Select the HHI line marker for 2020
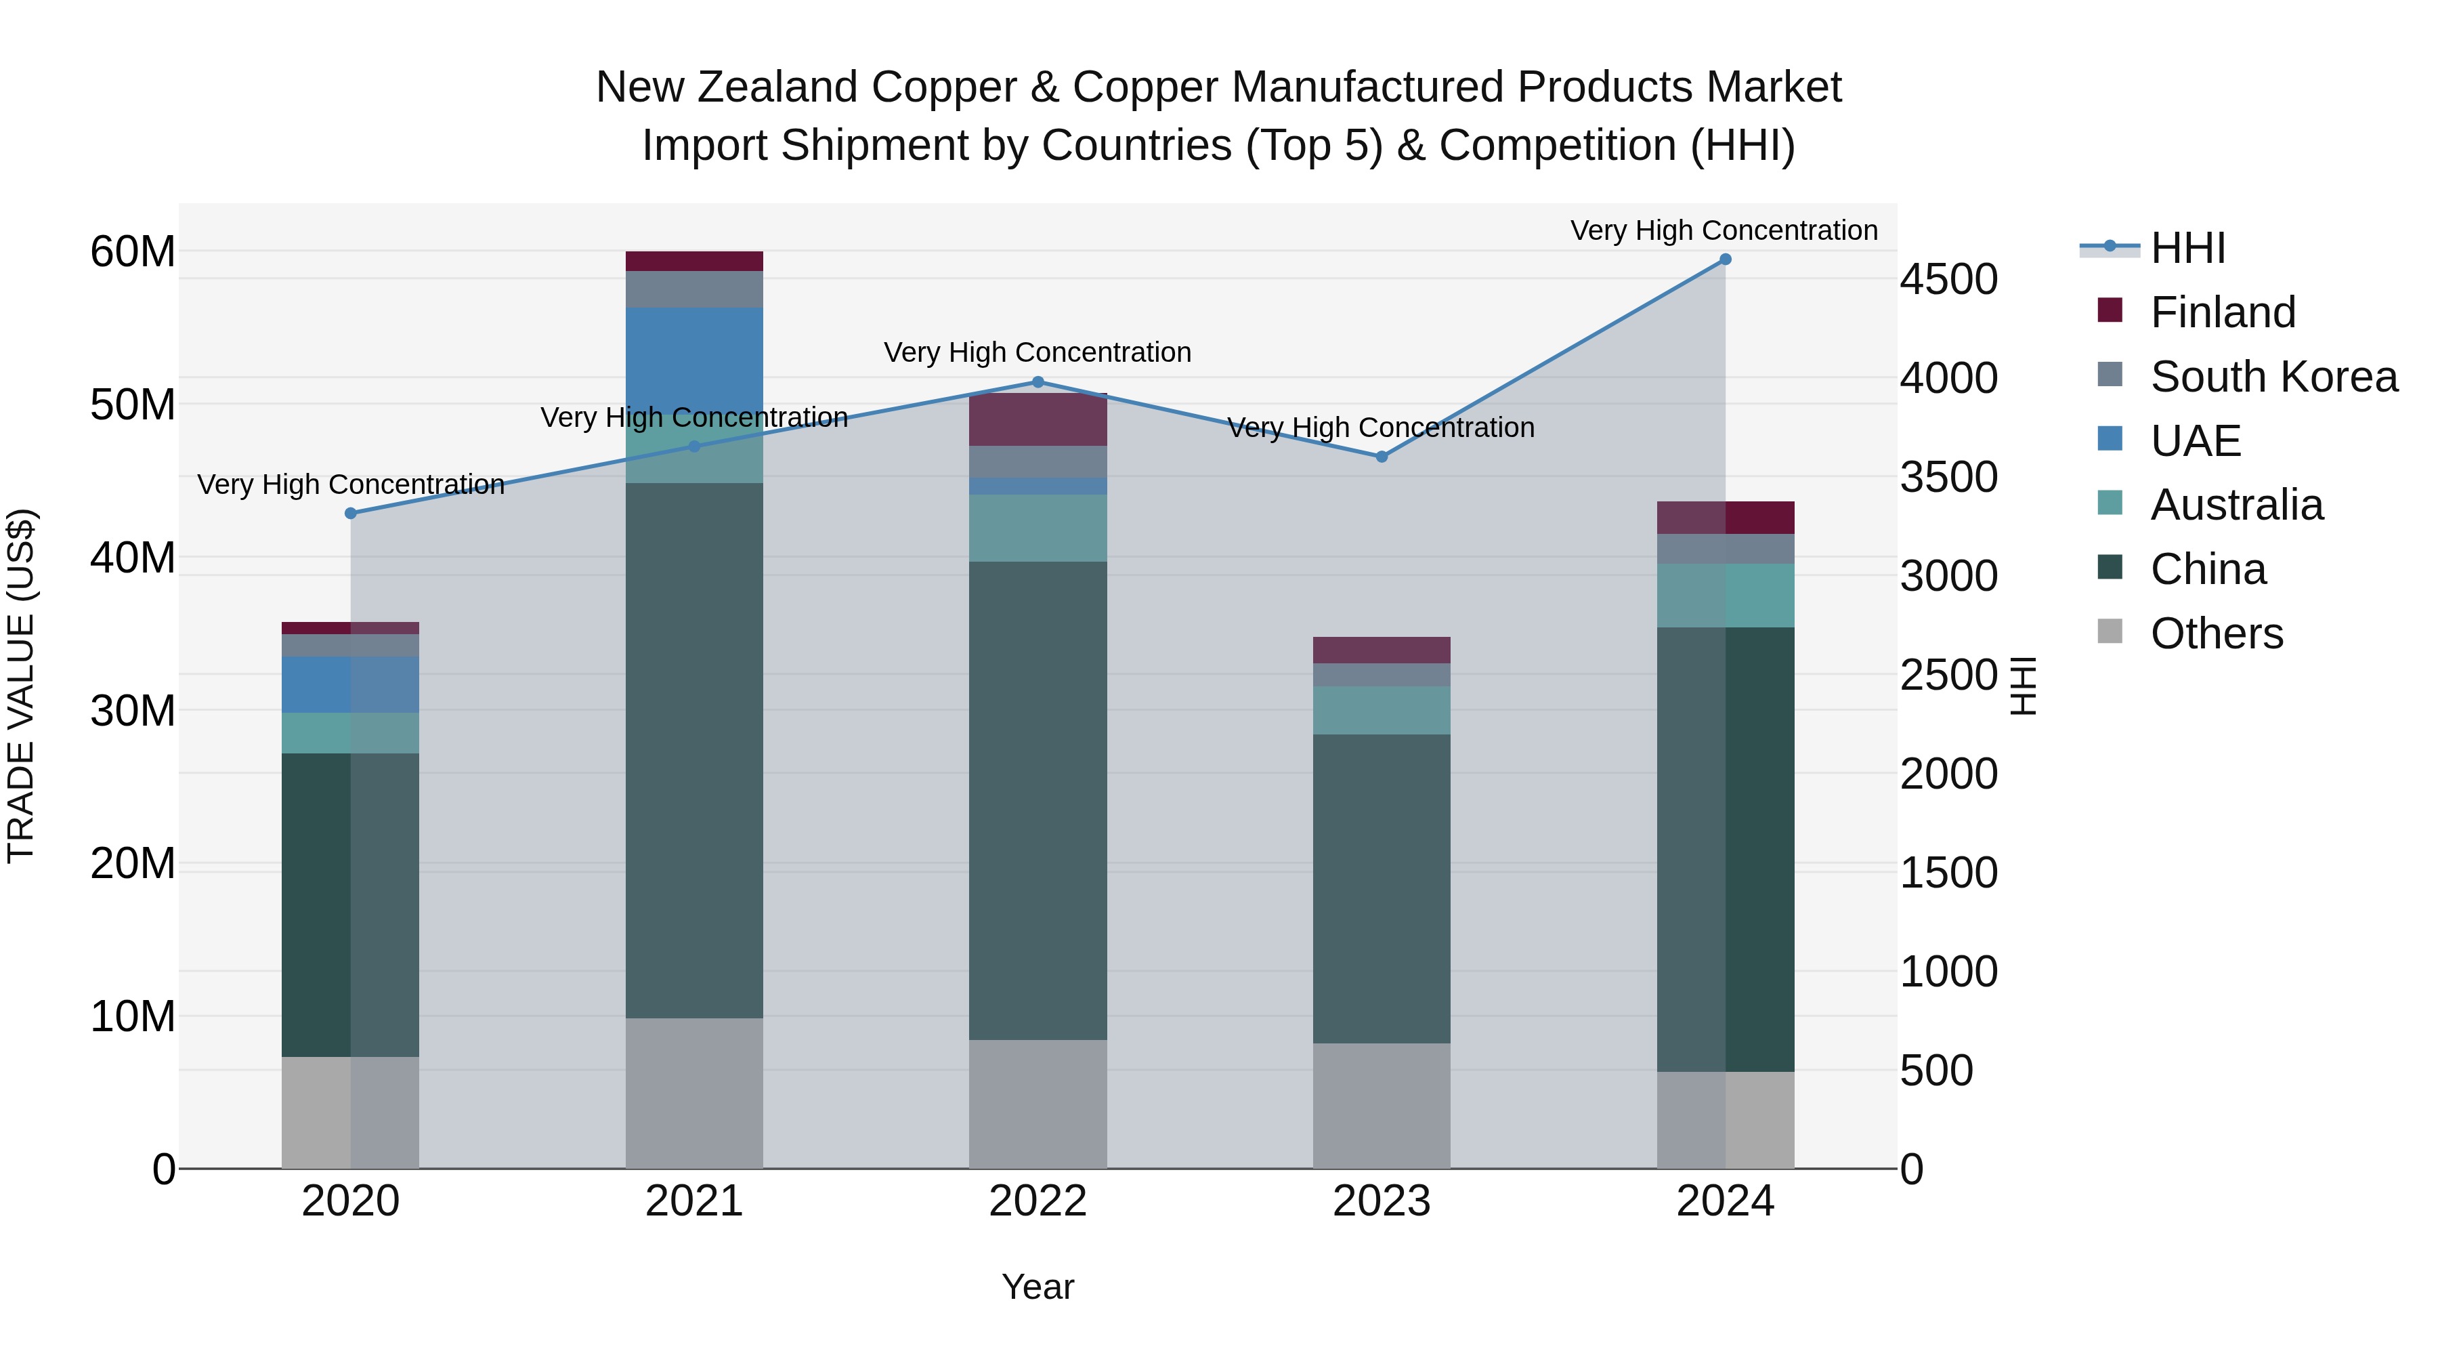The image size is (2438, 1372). pyautogui.click(x=350, y=513)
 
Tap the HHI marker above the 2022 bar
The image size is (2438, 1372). pyautogui.click(x=1038, y=383)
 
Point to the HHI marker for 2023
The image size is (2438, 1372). pyautogui.click(x=1381, y=457)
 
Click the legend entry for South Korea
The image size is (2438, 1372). pyautogui.click(x=2273, y=377)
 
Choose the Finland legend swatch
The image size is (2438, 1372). pyautogui.click(x=2110, y=310)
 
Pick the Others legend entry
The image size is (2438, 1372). pyautogui.click(x=2216, y=633)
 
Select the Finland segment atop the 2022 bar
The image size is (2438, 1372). pyautogui.click(x=1038, y=419)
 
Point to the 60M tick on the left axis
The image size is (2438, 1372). pyautogui.click(x=133, y=252)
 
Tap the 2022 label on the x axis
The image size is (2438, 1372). pyautogui.click(x=1038, y=1201)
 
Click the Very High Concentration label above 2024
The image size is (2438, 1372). pyautogui.click(x=1724, y=230)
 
